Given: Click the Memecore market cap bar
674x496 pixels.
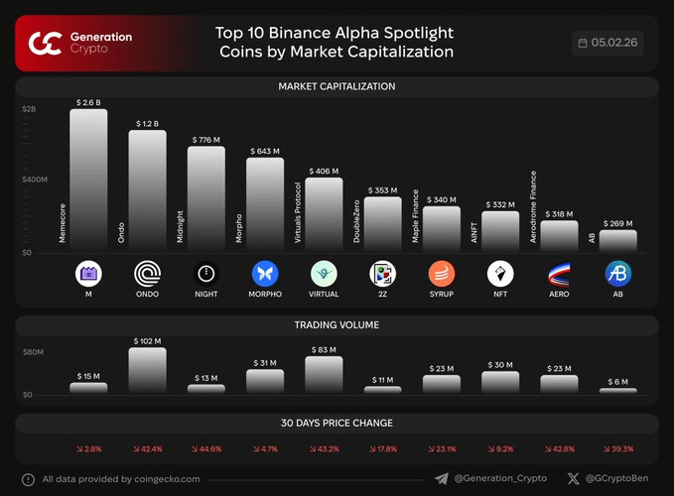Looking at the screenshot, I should click(x=88, y=179).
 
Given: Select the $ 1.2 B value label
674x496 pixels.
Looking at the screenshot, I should click(x=147, y=124).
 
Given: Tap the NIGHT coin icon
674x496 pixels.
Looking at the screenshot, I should click(x=205, y=273).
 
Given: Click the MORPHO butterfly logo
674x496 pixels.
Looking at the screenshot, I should click(x=265, y=273).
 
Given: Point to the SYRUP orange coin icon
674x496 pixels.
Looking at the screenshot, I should click(x=442, y=273).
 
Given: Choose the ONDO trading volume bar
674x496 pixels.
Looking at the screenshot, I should click(x=147, y=370).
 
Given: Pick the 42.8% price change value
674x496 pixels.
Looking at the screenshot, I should click(x=559, y=449).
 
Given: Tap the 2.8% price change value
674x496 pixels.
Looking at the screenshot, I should click(x=88, y=449).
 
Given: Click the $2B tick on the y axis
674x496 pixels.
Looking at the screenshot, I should click(x=29, y=108).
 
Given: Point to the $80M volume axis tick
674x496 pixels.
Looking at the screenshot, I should click(x=34, y=351).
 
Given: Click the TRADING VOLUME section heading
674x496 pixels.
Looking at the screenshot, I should click(x=337, y=324).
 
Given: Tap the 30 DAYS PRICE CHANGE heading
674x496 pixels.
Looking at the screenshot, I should click(x=337, y=424).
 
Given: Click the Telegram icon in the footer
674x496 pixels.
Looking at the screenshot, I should click(x=441, y=479).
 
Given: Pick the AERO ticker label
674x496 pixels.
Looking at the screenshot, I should click(x=559, y=295).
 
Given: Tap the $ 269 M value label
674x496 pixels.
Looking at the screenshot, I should click(x=617, y=224).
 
